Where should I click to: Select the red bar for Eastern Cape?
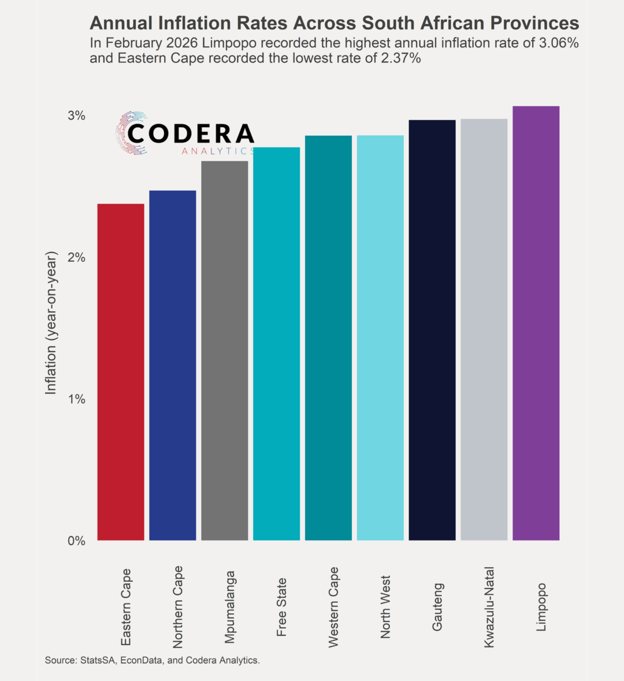click(x=121, y=372)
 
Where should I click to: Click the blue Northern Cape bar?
click(x=173, y=365)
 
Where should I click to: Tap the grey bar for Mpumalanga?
click(x=225, y=351)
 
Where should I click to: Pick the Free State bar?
click(x=277, y=344)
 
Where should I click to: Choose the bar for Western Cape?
click(x=328, y=338)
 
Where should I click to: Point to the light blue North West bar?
click(x=380, y=338)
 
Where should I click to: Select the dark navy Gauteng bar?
click(x=432, y=330)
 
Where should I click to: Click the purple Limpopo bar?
click(x=536, y=323)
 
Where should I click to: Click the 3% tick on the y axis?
click(x=76, y=116)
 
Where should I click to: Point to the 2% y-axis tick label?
click(x=76, y=257)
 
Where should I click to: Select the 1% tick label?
click(x=76, y=399)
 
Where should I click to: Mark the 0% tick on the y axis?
click(x=76, y=541)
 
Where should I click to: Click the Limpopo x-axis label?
click(x=541, y=607)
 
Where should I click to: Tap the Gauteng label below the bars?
click(x=437, y=607)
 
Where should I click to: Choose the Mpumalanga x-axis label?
click(x=230, y=607)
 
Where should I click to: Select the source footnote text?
click(x=153, y=660)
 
